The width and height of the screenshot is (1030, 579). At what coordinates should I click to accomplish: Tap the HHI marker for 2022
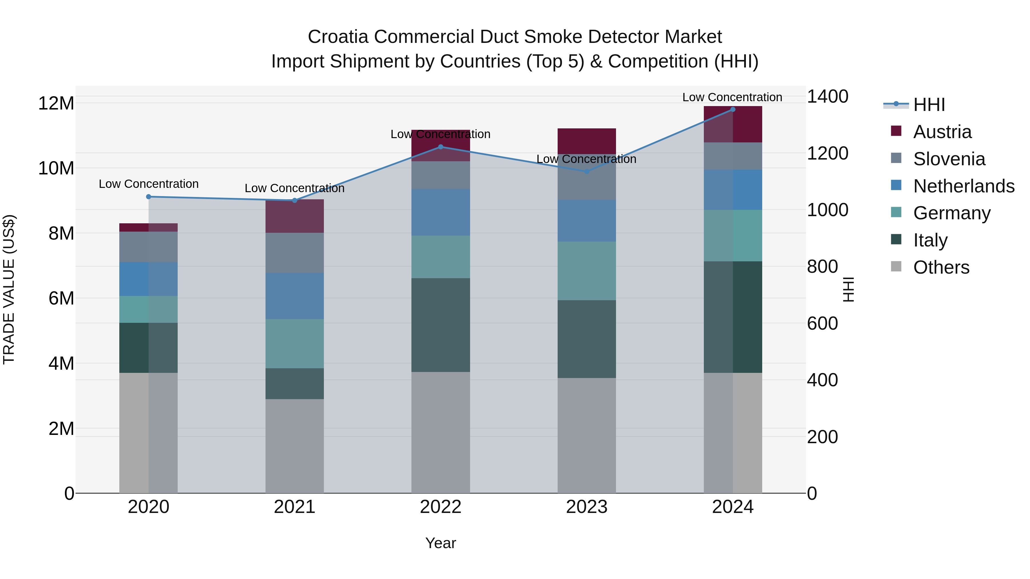pyautogui.click(x=441, y=147)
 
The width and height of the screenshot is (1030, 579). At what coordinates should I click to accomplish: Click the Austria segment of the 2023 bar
pyautogui.click(x=587, y=141)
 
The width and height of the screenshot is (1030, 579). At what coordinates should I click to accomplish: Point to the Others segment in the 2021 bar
pyautogui.click(x=294, y=445)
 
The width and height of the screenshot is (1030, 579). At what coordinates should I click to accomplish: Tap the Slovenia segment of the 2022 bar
pyautogui.click(x=441, y=175)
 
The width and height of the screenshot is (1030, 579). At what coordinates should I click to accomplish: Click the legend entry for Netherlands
pyautogui.click(x=964, y=186)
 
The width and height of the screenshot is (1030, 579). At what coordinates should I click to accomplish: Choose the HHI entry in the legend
pyautogui.click(x=929, y=105)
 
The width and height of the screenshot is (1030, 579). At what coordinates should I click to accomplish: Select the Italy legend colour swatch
pyautogui.click(x=896, y=239)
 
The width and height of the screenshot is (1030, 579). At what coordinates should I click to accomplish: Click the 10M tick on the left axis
pyautogui.click(x=56, y=168)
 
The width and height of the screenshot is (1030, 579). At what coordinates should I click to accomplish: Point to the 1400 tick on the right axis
pyautogui.click(x=827, y=96)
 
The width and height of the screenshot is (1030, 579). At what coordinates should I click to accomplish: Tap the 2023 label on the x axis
pyautogui.click(x=587, y=507)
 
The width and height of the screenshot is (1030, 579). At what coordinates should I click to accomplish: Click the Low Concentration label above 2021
pyautogui.click(x=294, y=188)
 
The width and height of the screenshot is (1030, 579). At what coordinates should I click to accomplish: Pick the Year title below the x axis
pyautogui.click(x=441, y=543)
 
